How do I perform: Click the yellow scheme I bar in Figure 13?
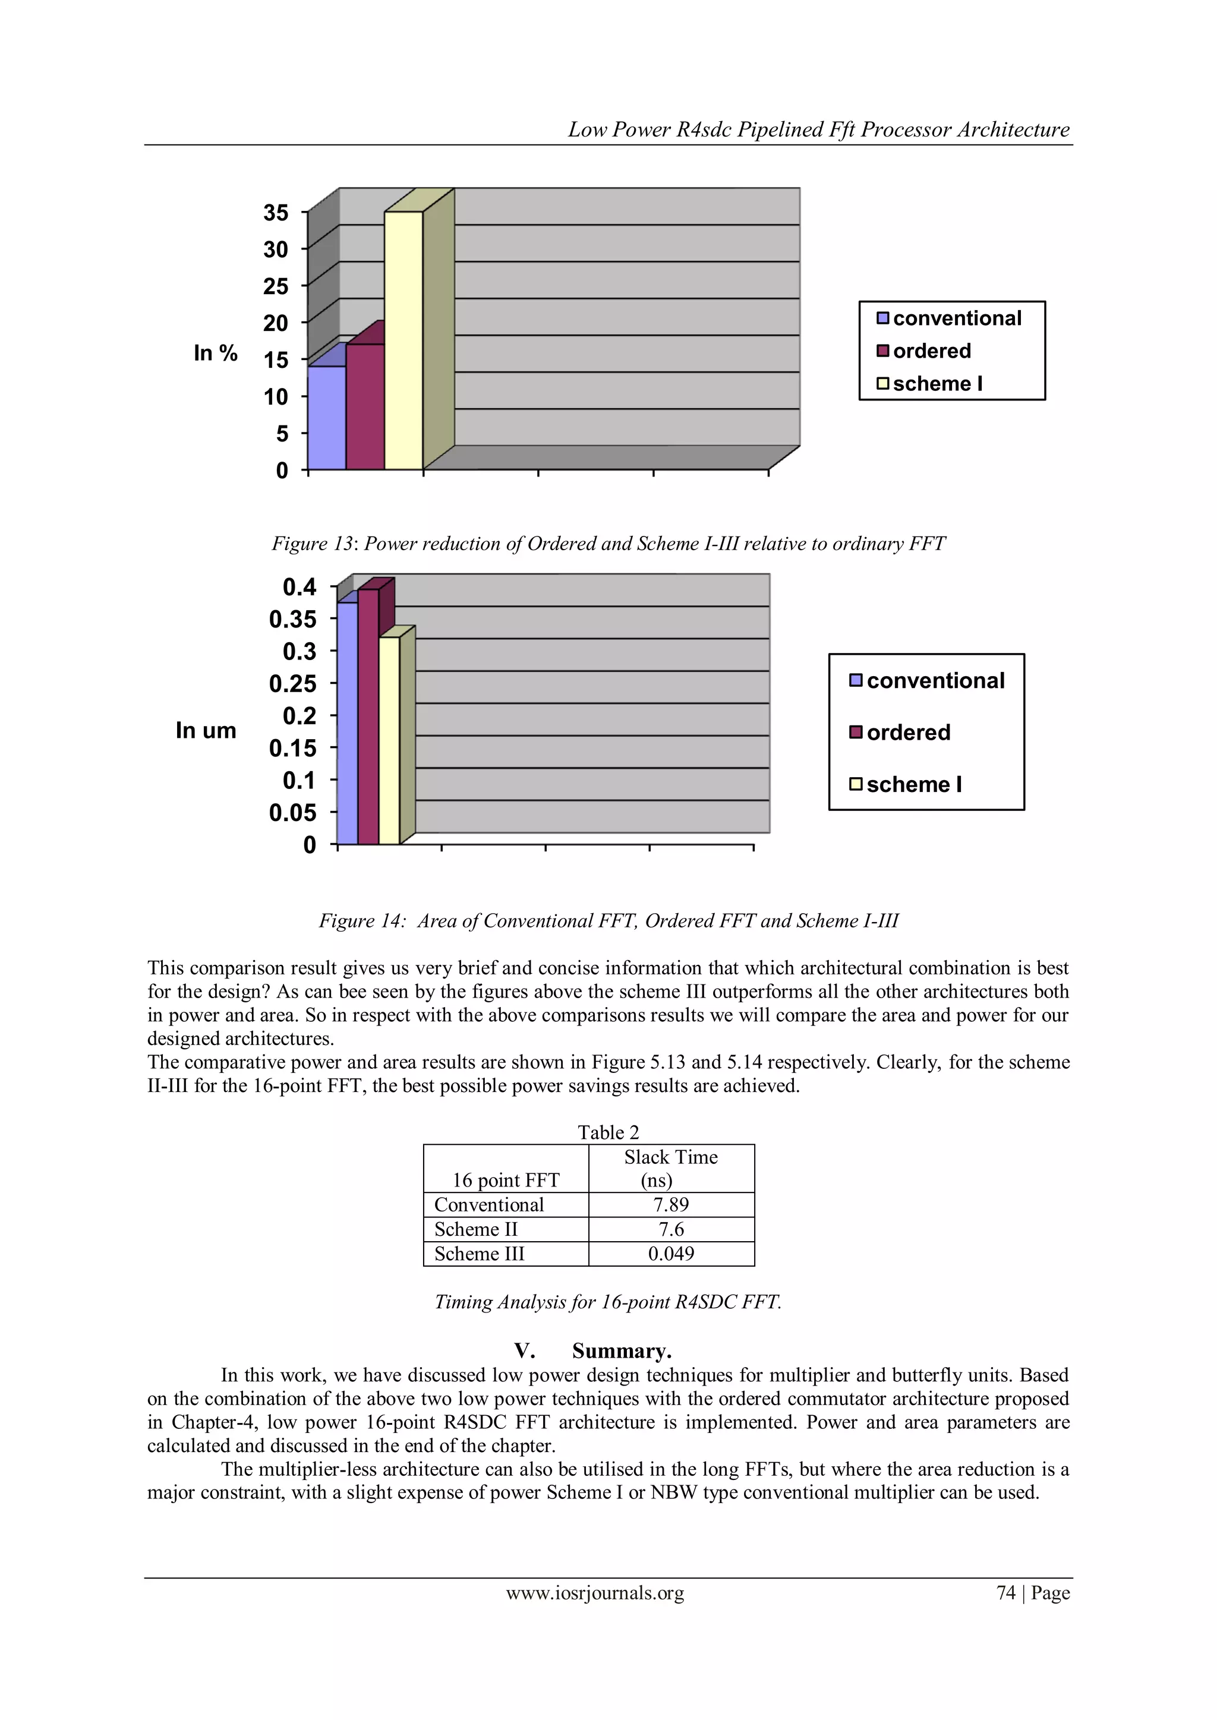(x=403, y=341)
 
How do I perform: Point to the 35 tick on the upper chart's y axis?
(x=276, y=213)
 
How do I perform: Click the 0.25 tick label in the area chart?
(x=293, y=684)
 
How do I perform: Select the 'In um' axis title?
(x=206, y=730)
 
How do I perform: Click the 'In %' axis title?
(x=215, y=353)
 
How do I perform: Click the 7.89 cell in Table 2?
(x=671, y=1205)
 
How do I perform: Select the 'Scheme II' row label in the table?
(x=476, y=1229)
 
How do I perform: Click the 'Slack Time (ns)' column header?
(x=671, y=1169)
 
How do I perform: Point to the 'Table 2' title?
(x=608, y=1132)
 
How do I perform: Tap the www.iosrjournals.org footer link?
(x=595, y=1593)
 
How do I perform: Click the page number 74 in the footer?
(x=1005, y=1593)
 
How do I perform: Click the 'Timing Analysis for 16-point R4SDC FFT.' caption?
(x=608, y=1302)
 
